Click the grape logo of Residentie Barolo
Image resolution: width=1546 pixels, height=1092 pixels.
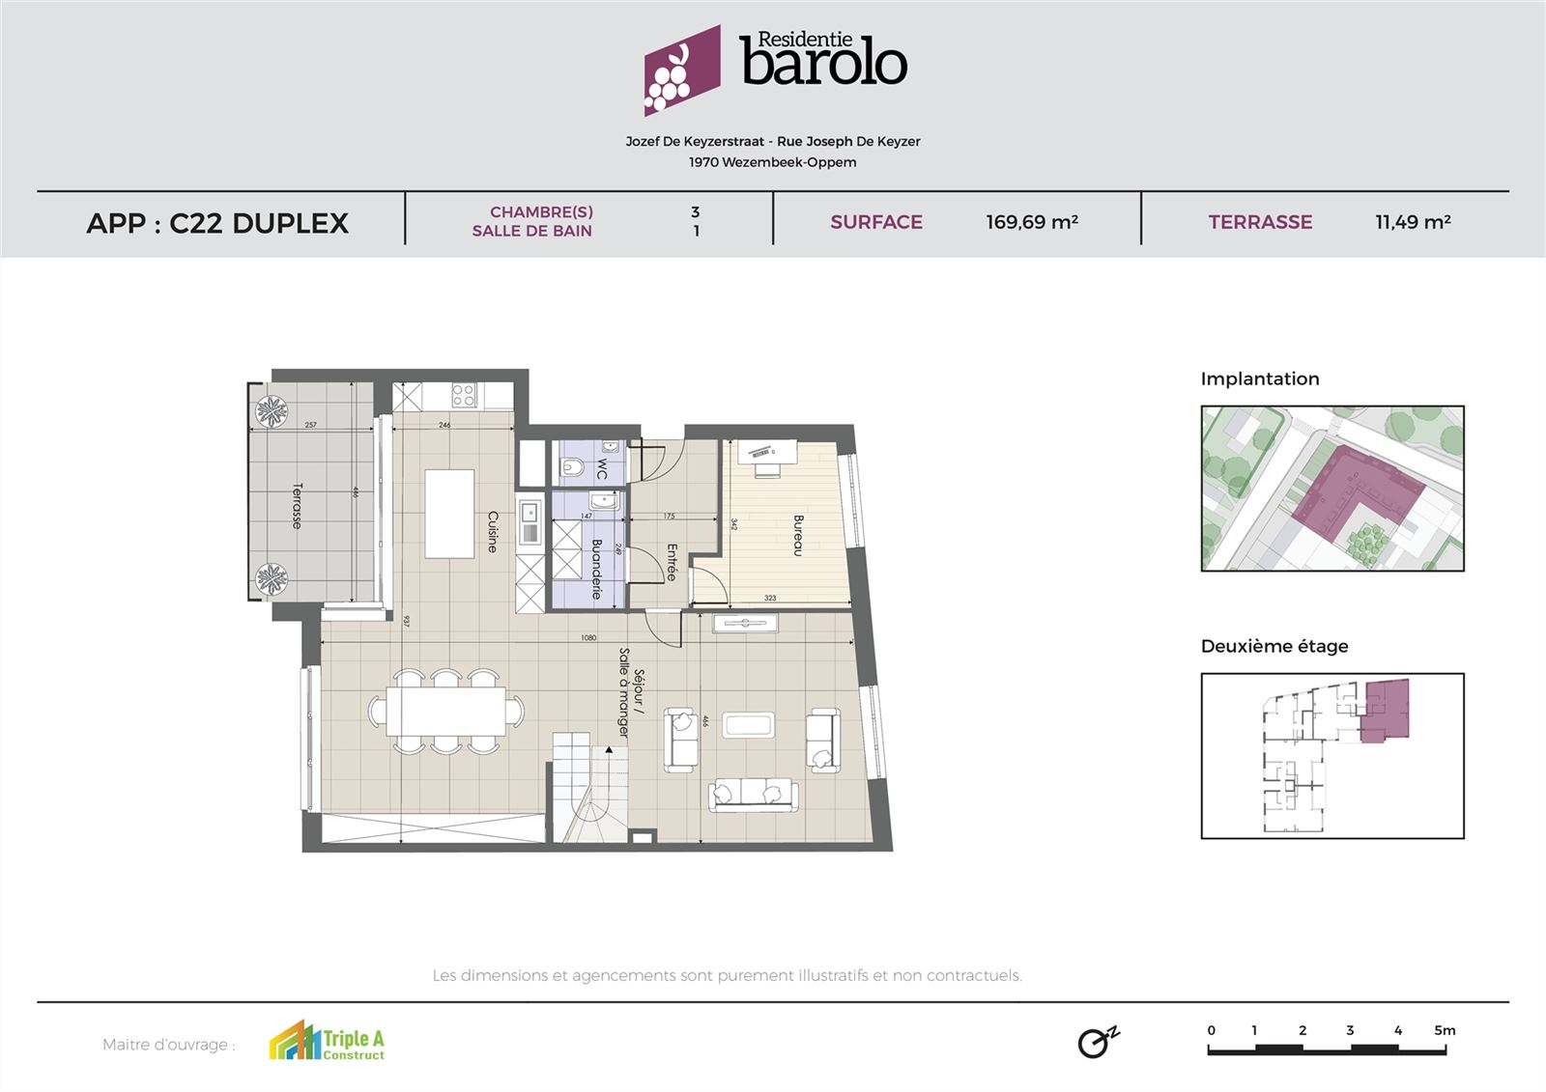pyautogui.click(x=681, y=70)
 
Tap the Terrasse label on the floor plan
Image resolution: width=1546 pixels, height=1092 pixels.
pyautogui.click(x=298, y=506)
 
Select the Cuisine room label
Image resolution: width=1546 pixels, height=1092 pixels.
pyautogui.click(x=493, y=531)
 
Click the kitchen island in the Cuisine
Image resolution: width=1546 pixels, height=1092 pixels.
pyautogui.click(x=449, y=513)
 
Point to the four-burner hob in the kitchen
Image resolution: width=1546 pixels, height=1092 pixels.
pyautogui.click(x=464, y=394)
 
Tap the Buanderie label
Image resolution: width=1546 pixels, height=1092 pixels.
pyautogui.click(x=596, y=569)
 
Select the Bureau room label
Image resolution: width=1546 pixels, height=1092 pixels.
pyautogui.click(x=798, y=535)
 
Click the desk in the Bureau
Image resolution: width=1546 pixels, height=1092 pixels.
pyautogui.click(x=767, y=450)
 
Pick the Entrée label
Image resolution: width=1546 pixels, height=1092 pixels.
pyautogui.click(x=672, y=562)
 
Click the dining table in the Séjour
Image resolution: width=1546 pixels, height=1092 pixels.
pyautogui.click(x=445, y=713)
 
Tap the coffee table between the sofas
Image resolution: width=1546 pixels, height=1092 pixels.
pyautogui.click(x=749, y=725)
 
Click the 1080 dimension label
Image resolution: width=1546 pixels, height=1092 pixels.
pyautogui.click(x=587, y=637)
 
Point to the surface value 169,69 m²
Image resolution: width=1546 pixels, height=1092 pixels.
pyautogui.click(x=1031, y=222)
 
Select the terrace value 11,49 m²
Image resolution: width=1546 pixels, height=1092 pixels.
pyautogui.click(x=1412, y=222)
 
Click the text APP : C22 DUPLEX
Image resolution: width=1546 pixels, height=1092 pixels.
pyautogui.click(x=217, y=223)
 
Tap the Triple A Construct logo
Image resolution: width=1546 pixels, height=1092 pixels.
pyautogui.click(x=327, y=1042)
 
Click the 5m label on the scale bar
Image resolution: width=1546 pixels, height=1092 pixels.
pyautogui.click(x=1444, y=1030)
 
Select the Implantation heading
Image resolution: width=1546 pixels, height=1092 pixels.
pyautogui.click(x=1259, y=378)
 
